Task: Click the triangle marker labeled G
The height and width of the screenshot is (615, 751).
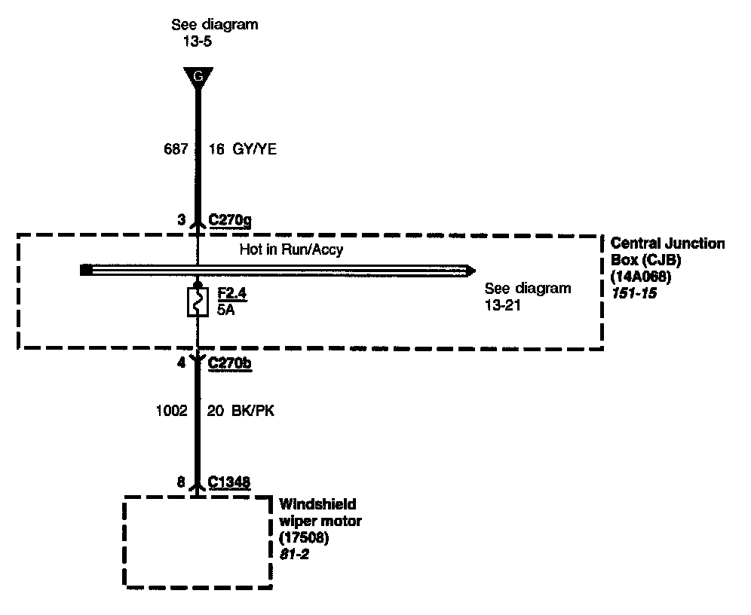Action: tap(198, 76)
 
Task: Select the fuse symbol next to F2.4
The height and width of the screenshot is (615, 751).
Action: tap(197, 302)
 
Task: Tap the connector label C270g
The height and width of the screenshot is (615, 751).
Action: tap(230, 220)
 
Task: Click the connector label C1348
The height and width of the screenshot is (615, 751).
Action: tap(229, 482)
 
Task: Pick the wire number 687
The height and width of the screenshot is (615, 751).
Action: tap(176, 149)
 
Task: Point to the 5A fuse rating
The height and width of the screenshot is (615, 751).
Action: tap(225, 309)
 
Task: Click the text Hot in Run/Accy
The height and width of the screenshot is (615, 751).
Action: tap(291, 249)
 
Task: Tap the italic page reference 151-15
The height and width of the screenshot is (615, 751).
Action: tap(633, 293)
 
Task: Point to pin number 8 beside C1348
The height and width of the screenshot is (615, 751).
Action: tap(181, 482)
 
